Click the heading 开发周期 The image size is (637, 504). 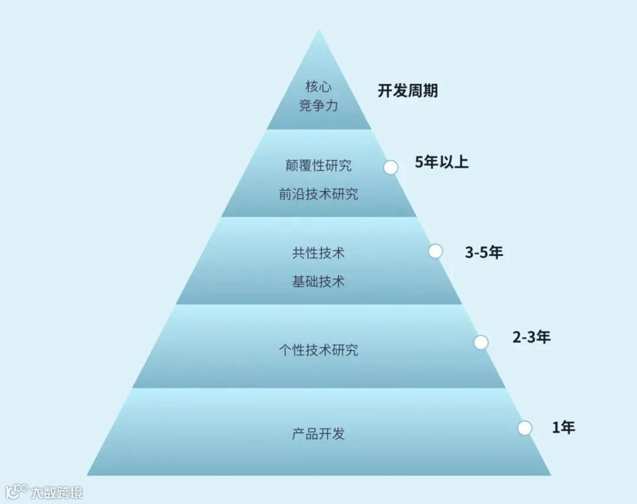coord(408,91)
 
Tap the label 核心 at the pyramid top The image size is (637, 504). coord(318,87)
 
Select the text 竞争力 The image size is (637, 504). coord(318,107)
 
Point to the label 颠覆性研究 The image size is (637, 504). coord(318,165)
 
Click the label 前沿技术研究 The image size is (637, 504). coord(318,194)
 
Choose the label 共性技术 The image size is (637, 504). coord(318,253)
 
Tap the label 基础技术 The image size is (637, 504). coord(318,282)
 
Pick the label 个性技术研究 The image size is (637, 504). coord(318,350)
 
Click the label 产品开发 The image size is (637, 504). coord(318,434)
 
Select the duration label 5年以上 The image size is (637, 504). coord(442,162)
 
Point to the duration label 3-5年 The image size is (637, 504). coord(484,253)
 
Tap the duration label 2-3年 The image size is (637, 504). coord(531,338)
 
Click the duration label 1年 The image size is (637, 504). coord(563,427)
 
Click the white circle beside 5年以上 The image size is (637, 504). coord(390,168)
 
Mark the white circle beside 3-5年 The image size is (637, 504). coord(435,251)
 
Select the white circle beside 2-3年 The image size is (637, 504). coord(481,342)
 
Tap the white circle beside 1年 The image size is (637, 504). coord(525,428)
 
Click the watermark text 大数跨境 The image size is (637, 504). coord(57,492)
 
